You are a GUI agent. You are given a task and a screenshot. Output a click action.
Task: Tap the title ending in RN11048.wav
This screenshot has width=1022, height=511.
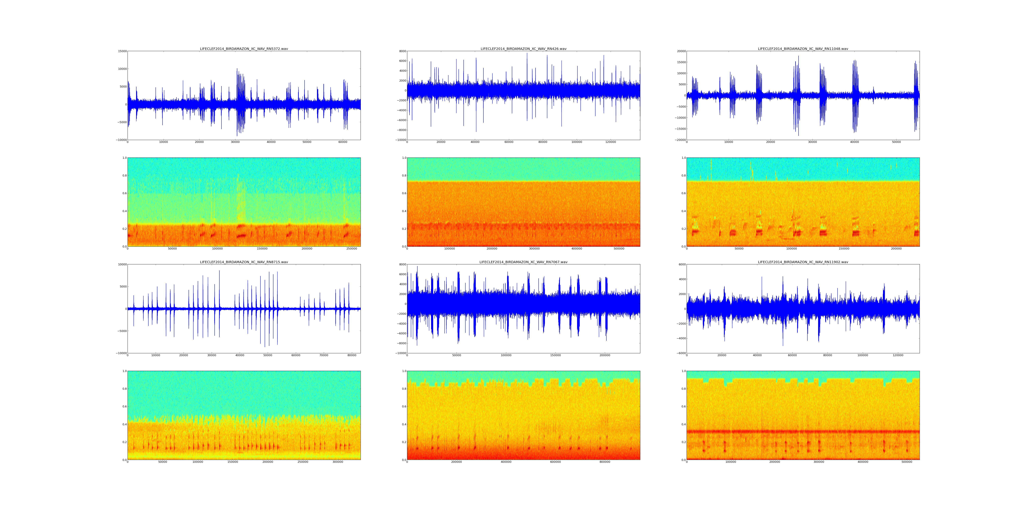point(803,49)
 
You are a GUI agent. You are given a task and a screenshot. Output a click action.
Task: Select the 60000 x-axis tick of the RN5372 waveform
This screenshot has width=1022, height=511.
point(343,142)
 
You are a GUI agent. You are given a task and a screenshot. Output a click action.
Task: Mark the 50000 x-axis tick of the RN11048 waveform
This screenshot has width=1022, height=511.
point(896,142)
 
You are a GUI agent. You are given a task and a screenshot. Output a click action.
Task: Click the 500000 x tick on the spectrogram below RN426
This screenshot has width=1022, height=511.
point(619,249)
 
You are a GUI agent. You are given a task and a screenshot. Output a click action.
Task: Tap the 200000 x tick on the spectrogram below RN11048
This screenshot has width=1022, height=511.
point(896,249)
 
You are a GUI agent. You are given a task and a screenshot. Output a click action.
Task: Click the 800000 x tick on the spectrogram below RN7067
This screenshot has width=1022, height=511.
point(605,462)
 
